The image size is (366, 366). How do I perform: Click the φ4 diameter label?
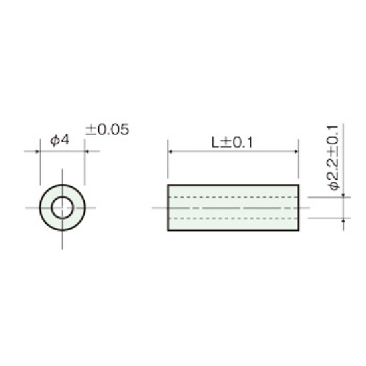point(60,140)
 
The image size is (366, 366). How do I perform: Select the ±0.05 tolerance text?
point(107,130)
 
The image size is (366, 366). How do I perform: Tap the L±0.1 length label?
point(232,142)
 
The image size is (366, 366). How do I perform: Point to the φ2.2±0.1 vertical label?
point(333,158)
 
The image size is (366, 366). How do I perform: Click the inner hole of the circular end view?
point(62,208)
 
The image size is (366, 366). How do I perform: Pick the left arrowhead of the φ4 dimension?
point(37,152)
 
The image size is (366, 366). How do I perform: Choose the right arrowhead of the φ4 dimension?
point(86,152)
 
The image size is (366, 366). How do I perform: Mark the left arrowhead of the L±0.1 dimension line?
point(170,152)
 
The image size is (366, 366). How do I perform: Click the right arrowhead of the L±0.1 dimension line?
point(296,152)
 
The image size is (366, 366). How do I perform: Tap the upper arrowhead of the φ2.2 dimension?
point(343,195)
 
